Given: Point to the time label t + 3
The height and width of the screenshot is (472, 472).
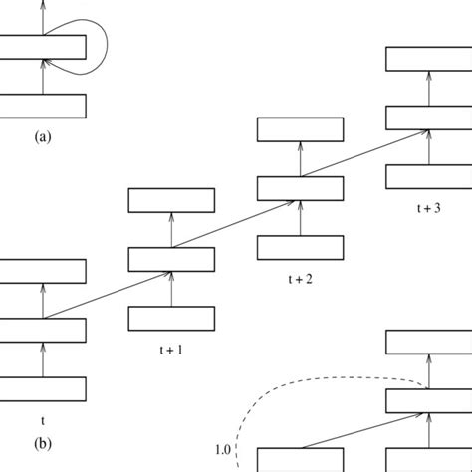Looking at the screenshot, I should pos(428,209).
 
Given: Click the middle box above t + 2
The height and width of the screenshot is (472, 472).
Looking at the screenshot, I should pos(300,188).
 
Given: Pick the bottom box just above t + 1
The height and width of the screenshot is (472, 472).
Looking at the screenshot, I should pos(171,319).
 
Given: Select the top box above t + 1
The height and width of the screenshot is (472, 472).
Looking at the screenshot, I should pos(171,200).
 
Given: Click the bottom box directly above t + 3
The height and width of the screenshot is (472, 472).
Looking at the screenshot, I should pos(428,176).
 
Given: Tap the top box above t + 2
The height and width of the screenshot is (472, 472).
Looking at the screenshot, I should pos(300,129).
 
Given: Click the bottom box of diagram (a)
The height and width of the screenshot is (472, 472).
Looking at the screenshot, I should pos(42,106).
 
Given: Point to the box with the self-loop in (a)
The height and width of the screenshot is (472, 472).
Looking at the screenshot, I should pos(42,46).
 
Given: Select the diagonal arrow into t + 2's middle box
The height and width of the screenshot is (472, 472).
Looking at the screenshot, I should pos(235,223).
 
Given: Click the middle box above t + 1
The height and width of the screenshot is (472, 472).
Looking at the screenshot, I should pos(171,259).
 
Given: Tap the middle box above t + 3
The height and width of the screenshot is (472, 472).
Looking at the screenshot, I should pos(428,117).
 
